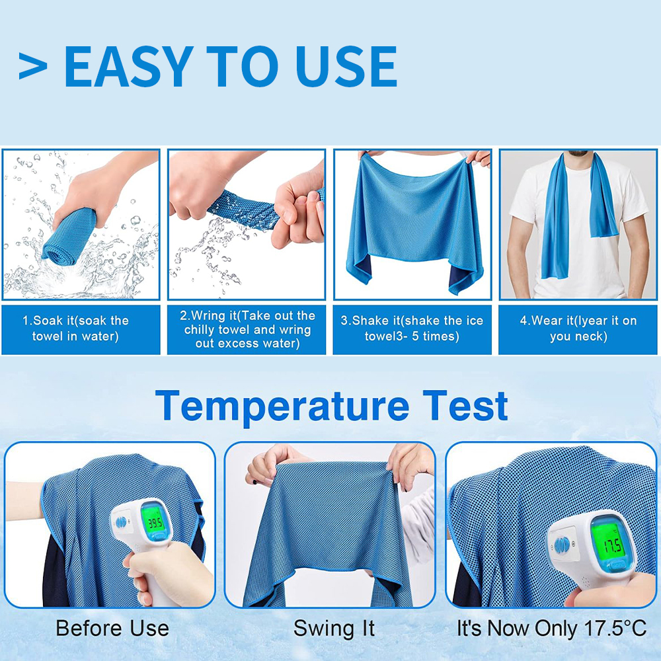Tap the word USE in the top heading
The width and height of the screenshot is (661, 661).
point(346,66)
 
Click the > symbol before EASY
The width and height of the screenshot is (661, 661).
point(32,66)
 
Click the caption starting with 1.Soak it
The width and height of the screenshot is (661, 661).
point(75,329)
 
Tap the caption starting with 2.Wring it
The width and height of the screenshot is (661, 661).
point(247,329)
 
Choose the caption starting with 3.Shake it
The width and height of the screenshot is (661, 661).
point(412,329)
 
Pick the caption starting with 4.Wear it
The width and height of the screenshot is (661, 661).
point(578,329)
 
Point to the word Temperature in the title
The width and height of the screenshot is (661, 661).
point(282,406)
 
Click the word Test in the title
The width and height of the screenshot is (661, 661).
point(465,405)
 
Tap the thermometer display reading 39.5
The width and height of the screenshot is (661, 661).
point(154,524)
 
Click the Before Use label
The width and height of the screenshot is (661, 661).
point(112,628)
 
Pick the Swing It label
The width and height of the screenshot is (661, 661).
point(334,628)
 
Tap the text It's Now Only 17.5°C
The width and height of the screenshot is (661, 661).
point(552,628)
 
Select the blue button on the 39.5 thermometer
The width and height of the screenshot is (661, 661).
point(122,522)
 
